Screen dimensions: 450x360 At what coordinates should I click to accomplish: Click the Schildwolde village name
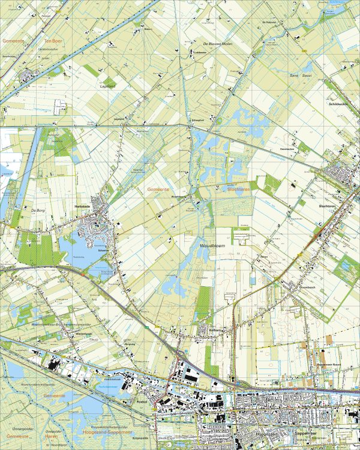339,103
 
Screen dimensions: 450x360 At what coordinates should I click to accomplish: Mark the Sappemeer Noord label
329,364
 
